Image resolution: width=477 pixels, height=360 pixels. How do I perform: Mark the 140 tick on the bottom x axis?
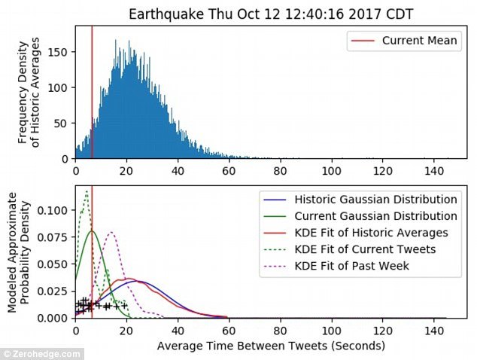pyautogui.click(x=433, y=331)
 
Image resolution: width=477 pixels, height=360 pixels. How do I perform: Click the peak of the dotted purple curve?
pyautogui.click(x=111, y=232)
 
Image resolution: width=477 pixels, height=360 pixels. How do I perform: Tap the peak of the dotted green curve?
pyautogui.click(x=87, y=191)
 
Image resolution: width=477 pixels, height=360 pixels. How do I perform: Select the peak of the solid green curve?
pyautogui.click(x=92, y=230)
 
